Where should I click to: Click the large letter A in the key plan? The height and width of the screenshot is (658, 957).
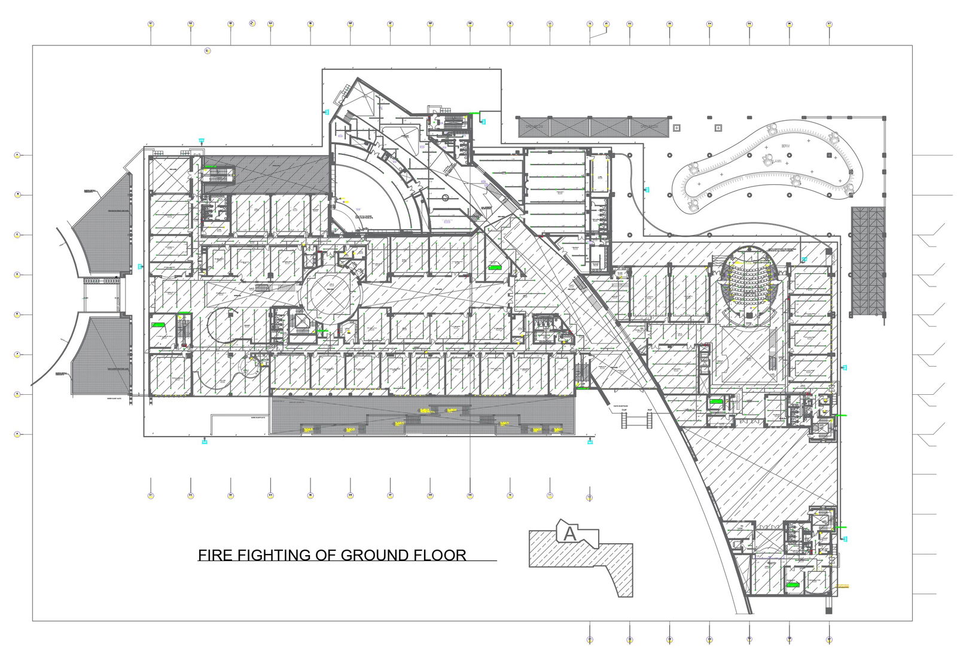click(x=570, y=534)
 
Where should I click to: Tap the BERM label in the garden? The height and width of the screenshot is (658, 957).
click(x=786, y=147)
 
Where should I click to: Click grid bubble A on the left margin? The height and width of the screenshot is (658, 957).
click(x=17, y=155)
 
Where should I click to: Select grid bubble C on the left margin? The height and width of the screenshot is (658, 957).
click(x=17, y=235)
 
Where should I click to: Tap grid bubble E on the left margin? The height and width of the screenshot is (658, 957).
click(x=17, y=315)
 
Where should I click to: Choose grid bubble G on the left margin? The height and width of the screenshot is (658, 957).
click(x=17, y=394)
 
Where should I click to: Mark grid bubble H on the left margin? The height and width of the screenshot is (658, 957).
click(x=17, y=434)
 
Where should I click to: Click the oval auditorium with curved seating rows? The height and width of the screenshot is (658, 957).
click(x=749, y=282)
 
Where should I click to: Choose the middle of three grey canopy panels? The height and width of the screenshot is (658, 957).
click(x=609, y=127)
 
